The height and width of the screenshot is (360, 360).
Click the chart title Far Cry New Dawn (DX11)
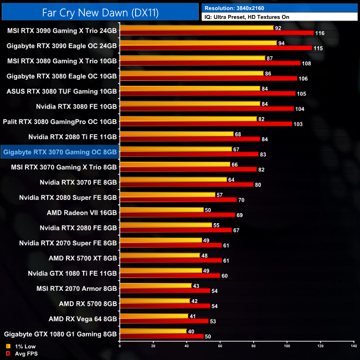point(100,11)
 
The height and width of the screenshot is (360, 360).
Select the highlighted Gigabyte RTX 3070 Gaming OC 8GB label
point(59,151)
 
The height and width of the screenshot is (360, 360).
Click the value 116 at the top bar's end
point(320,34)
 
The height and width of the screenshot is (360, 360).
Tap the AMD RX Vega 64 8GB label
point(83,318)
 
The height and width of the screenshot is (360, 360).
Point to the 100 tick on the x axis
point(287,346)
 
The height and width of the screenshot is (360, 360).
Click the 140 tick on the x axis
point(353,346)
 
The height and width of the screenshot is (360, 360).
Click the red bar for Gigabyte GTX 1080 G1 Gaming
point(161,336)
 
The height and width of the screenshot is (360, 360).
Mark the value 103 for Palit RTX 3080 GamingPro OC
point(298,124)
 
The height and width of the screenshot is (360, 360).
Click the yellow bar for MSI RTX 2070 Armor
point(155,286)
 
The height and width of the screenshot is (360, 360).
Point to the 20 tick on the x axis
point(153,346)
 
